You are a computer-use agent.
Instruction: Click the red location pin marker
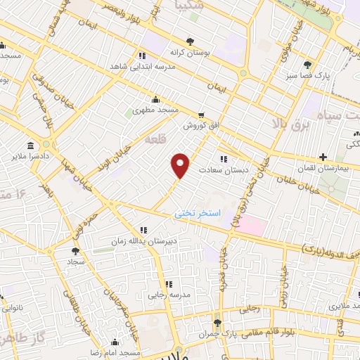point(181,165)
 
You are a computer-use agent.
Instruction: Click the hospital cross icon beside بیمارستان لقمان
point(323,156)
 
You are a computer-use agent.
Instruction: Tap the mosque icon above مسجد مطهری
point(155,99)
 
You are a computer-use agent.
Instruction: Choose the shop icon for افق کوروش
point(202,114)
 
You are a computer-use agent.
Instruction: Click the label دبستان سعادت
point(221,170)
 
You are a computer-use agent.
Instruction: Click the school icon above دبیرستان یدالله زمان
point(143,229)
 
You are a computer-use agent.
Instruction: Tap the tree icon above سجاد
point(75,250)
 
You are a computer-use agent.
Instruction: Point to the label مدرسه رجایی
point(166,295)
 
